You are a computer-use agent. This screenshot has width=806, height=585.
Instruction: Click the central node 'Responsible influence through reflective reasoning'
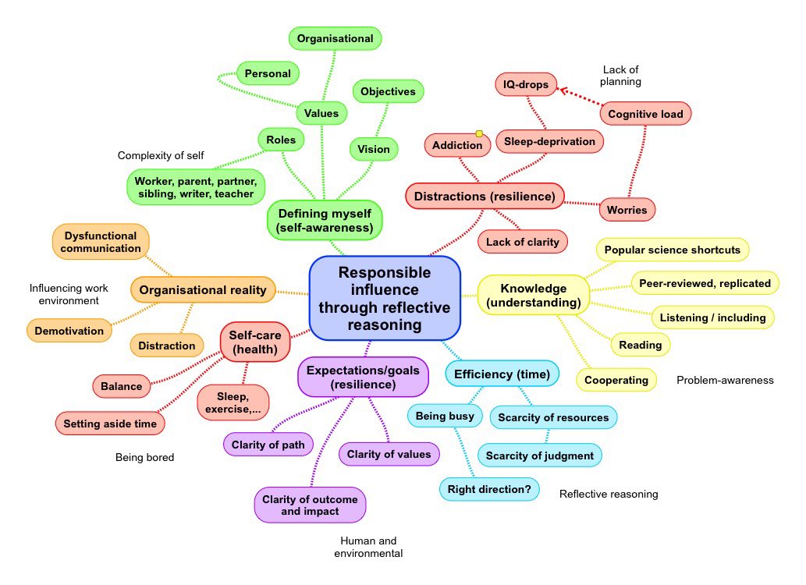coord(385,298)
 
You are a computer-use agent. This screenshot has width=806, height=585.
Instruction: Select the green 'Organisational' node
coord(336,38)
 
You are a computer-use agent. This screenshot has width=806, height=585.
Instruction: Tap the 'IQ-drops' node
coord(526,84)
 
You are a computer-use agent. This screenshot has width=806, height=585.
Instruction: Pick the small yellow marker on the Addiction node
coord(479,133)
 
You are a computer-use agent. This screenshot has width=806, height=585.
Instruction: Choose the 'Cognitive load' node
coord(645,114)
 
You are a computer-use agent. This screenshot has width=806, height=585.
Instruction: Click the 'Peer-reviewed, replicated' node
coord(705,283)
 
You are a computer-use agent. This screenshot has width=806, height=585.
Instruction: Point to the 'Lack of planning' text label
coord(620,76)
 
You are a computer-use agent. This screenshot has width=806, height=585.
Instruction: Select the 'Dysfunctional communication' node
coord(101,242)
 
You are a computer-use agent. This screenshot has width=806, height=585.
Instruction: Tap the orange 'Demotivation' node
coord(69,331)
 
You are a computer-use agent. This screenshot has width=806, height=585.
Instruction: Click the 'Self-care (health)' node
coord(255,342)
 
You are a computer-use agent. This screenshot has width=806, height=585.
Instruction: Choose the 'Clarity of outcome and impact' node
coord(310,505)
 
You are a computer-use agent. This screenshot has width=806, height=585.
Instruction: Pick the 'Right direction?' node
coord(489,489)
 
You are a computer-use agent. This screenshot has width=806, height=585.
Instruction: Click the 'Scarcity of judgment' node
coord(540,456)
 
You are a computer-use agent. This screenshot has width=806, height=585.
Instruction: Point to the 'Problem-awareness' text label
coord(725,380)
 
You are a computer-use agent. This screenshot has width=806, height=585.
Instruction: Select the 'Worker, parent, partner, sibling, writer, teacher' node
coord(196,187)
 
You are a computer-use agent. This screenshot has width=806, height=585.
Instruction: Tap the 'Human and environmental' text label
coord(368,547)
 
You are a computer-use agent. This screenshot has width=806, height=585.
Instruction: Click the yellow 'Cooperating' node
coord(616,380)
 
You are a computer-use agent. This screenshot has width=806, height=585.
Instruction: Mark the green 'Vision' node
coord(374,149)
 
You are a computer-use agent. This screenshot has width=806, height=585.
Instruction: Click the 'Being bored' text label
coord(145,457)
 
